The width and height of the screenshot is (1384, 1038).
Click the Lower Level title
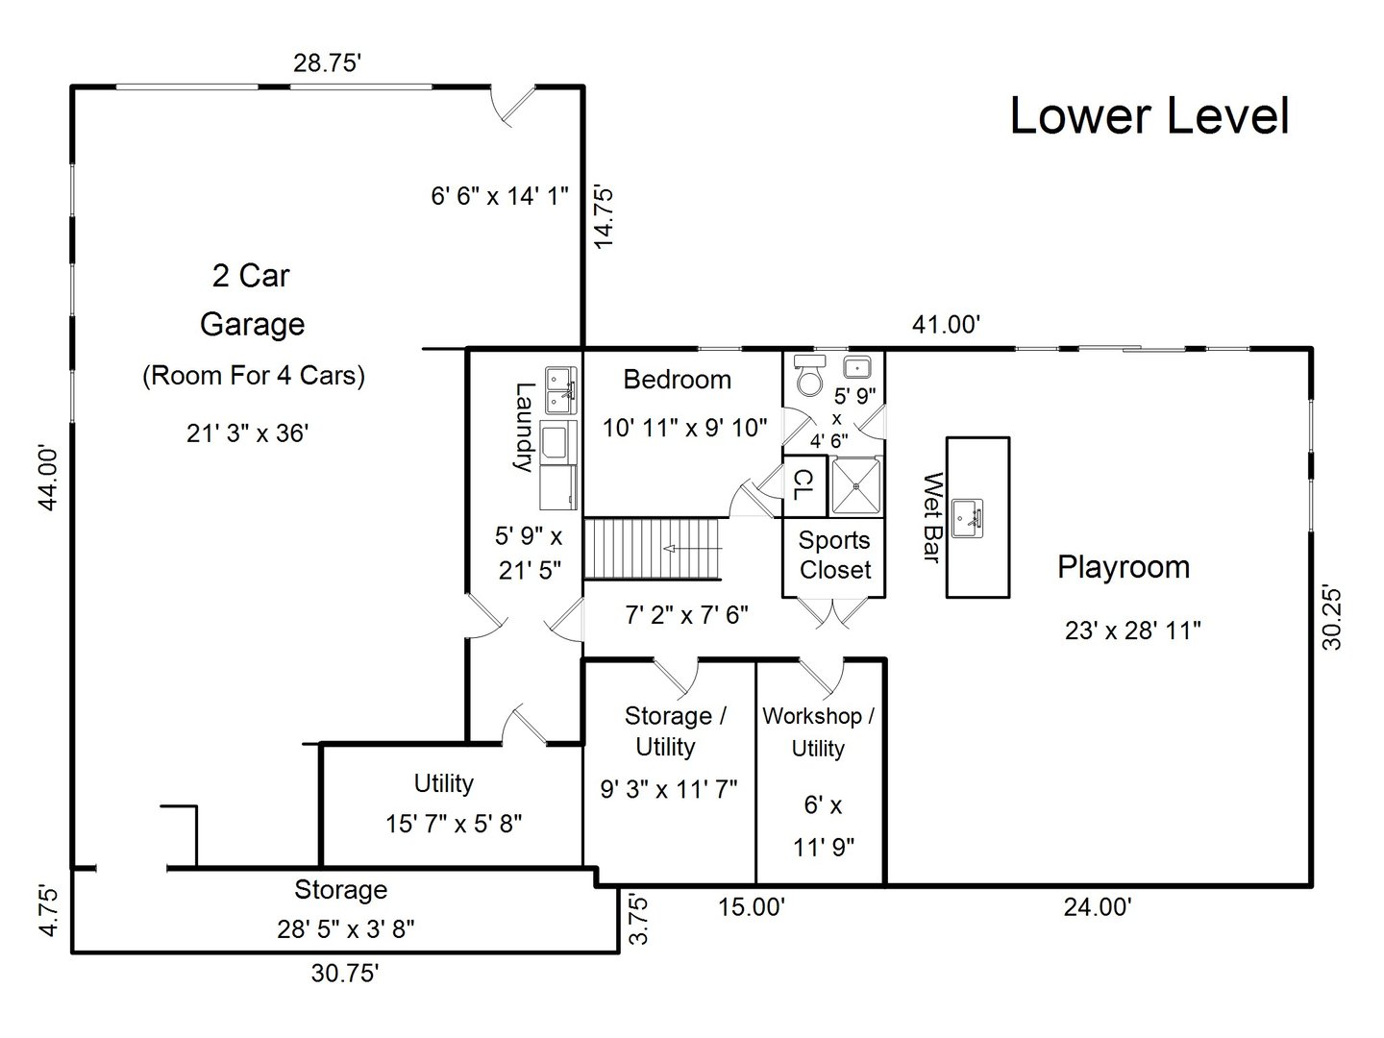(x=1149, y=116)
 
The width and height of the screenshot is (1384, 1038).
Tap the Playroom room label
(x=1124, y=567)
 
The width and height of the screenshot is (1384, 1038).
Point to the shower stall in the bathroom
(x=855, y=486)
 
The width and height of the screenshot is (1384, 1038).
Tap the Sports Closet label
(x=834, y=556)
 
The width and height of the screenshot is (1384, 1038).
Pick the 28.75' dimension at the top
(x=327, y=63)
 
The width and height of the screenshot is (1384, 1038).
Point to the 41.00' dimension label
(x=946, y=325)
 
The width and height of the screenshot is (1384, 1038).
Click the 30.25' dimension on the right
(x=1332, y=617)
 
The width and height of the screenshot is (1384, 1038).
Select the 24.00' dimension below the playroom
(x=1098, y=906)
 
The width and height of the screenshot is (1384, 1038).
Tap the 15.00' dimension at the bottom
(x=753, y=906)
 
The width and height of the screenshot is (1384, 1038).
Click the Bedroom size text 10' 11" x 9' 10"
(x=684, y=428)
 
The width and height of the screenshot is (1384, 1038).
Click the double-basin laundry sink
(x=560, y=389)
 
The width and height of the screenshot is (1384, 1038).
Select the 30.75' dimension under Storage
(x=345, y=973)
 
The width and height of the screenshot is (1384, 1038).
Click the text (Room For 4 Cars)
(x=254, y=375)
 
